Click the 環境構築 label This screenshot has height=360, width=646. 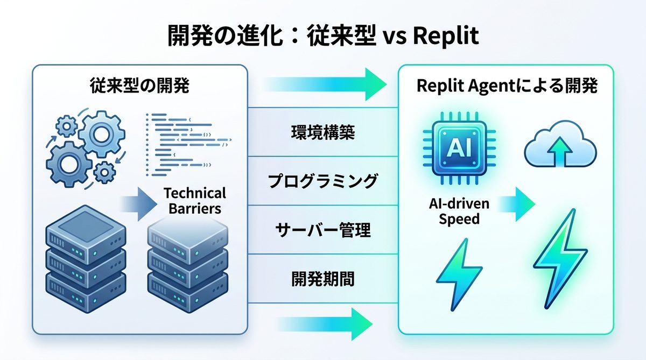pos(323,133)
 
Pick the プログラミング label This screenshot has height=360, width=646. pos(323,181)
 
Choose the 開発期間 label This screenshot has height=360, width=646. pos(323,279)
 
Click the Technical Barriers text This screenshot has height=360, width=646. pos(194,200)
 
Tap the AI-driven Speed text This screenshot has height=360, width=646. pos(459,211)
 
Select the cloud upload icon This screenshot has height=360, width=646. pos(560,146)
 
